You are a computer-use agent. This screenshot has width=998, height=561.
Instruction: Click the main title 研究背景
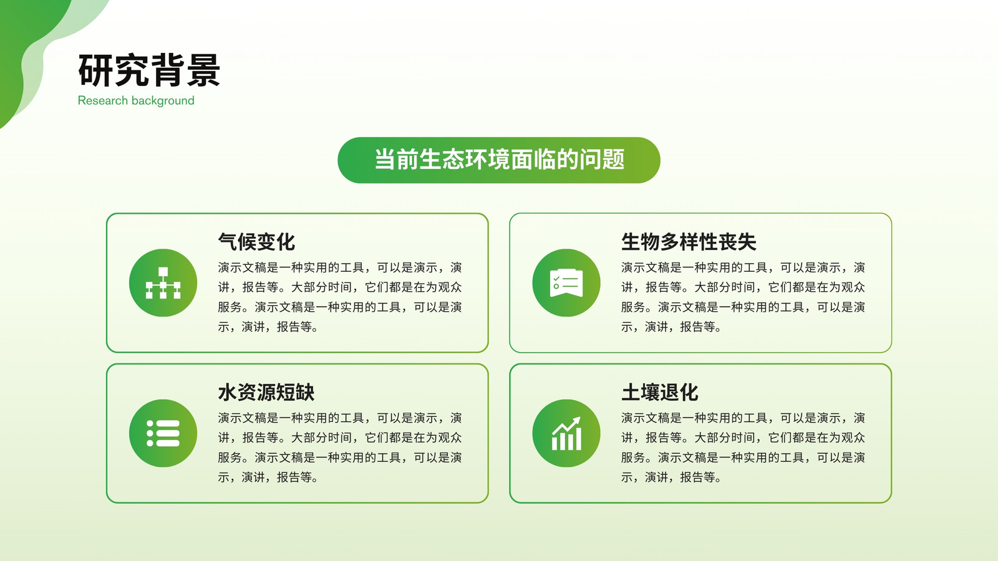[x=149, y=70]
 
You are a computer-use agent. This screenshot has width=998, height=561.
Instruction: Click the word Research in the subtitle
[x=103, y=100]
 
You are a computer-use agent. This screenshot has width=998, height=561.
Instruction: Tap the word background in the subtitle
[x=163, y=101]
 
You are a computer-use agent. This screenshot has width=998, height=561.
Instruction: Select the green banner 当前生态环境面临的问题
[x=499, y=160]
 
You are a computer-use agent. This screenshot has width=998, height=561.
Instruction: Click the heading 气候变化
[x=256, y=242]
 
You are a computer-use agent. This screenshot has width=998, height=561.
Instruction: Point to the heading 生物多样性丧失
[x=689, y=242]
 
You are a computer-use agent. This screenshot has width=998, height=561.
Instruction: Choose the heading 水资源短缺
[x=266, y=392]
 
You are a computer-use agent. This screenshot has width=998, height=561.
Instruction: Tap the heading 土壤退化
[x=660, y=392]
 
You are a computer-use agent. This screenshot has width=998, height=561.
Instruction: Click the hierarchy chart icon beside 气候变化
[x=163, y=283]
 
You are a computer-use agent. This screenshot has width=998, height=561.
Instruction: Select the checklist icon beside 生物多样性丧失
[x=566, y=283]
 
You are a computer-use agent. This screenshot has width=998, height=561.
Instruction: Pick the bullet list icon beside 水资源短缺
[x=163, y=433]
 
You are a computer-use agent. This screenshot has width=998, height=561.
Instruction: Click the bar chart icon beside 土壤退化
[x=566, y=433]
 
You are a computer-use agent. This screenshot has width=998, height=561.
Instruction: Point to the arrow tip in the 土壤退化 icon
[x=579, y=418]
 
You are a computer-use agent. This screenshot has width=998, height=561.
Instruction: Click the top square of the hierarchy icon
[x=163, y=272]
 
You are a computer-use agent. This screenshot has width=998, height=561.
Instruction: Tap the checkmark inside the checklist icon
[x=556, y=279]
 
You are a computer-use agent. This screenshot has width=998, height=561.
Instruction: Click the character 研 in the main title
[x=95, y=70]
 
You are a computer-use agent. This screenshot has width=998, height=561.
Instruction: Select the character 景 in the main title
[x=203, y=70]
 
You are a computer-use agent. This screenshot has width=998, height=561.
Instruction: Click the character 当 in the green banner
[x=385, y=160]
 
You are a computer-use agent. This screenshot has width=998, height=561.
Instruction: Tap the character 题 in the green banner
[x=613, y=160]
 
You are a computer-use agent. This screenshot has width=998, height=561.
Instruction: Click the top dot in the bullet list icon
[x=150, y=423]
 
